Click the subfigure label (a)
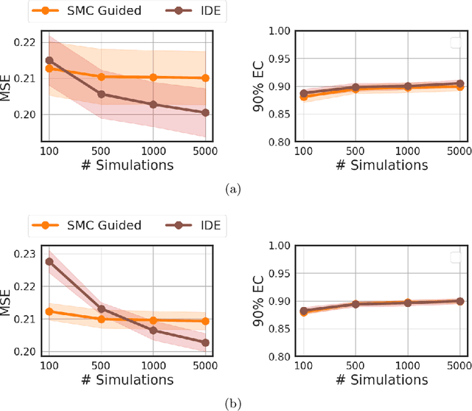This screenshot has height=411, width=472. pos(235,190)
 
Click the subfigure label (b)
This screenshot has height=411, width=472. pos(235,403)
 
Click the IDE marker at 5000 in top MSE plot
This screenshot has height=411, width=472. pos(205,113)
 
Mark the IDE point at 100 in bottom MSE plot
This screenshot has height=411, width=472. pos(49,261)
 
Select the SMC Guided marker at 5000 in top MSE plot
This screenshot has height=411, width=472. pos(205,77)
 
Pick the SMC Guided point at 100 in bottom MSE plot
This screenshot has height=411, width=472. pos(49,311)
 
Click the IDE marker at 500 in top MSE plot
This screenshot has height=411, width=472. pos(101,94)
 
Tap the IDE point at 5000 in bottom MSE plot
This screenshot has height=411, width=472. pos(205,342)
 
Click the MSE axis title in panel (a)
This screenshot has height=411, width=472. pos(9,80)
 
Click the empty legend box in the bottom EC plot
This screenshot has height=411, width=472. pos(456,258)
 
